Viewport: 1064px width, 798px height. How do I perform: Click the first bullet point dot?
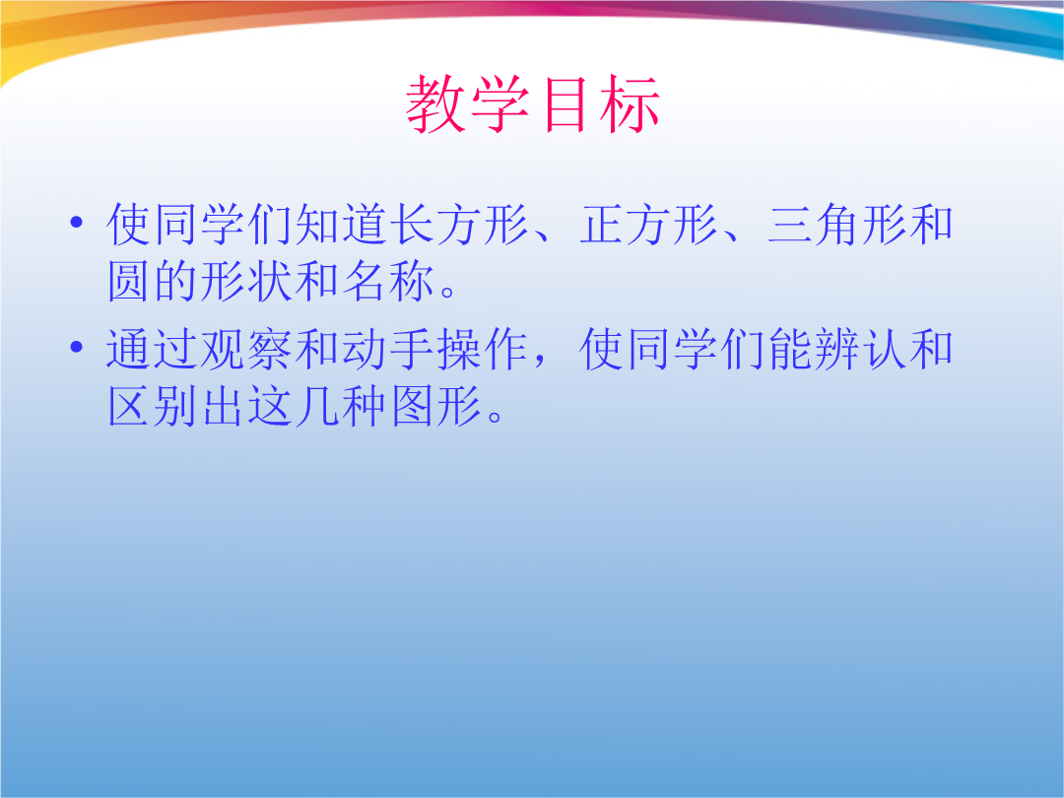point(77,222)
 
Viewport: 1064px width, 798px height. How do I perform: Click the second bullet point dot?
point(77,348)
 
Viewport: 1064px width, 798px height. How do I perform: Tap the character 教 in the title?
point(435,103)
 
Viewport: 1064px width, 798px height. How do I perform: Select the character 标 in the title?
point(630,103)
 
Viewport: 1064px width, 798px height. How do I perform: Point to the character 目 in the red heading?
point(565,103)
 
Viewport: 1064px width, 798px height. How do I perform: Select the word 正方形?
point(649,225)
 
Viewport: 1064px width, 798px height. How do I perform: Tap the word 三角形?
point(838,225)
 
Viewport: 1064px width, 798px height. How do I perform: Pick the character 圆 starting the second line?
point(129,281)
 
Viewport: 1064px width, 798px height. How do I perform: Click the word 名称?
point(389,281)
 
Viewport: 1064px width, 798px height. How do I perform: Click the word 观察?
point(247,350)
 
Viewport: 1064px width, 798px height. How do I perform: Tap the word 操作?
point(484,350)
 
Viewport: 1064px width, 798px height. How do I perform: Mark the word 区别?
point(154,406)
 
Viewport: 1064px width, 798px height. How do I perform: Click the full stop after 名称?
point(449,293)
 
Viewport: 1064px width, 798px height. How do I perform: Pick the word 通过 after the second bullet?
point(154,350)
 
